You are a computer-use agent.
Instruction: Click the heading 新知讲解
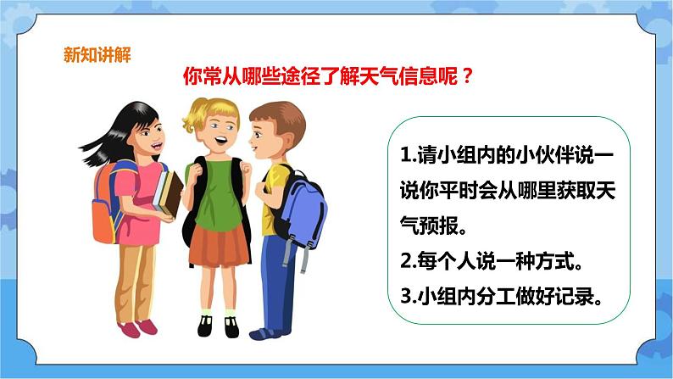coord(97,55)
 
